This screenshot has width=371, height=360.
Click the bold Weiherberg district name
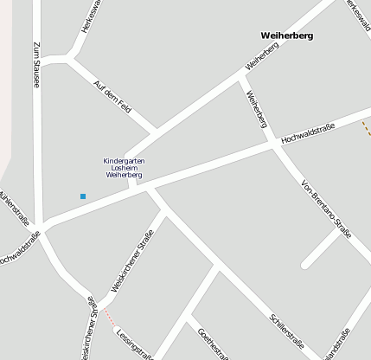pyautogui.click(x=286, y=35)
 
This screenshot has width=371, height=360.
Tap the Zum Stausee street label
pyautogui.click(x=36, y=64)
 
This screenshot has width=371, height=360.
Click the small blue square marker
pyautogui.click(x=83, y=196)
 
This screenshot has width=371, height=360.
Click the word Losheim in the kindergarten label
pyautogui.click(x=124, y=168)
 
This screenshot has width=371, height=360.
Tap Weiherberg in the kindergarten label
pyautogui.click(x=124, y=175)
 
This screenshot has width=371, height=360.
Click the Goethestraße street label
pyautogui.click(x=213, y=344)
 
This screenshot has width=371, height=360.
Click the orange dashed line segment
pyautogui.click(x=366, y=127)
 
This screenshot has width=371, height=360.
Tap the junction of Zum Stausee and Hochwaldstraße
pyautogui.click(x=41, y=230)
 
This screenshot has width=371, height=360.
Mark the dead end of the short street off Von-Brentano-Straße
pyautogui.click(x=305, y=264)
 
